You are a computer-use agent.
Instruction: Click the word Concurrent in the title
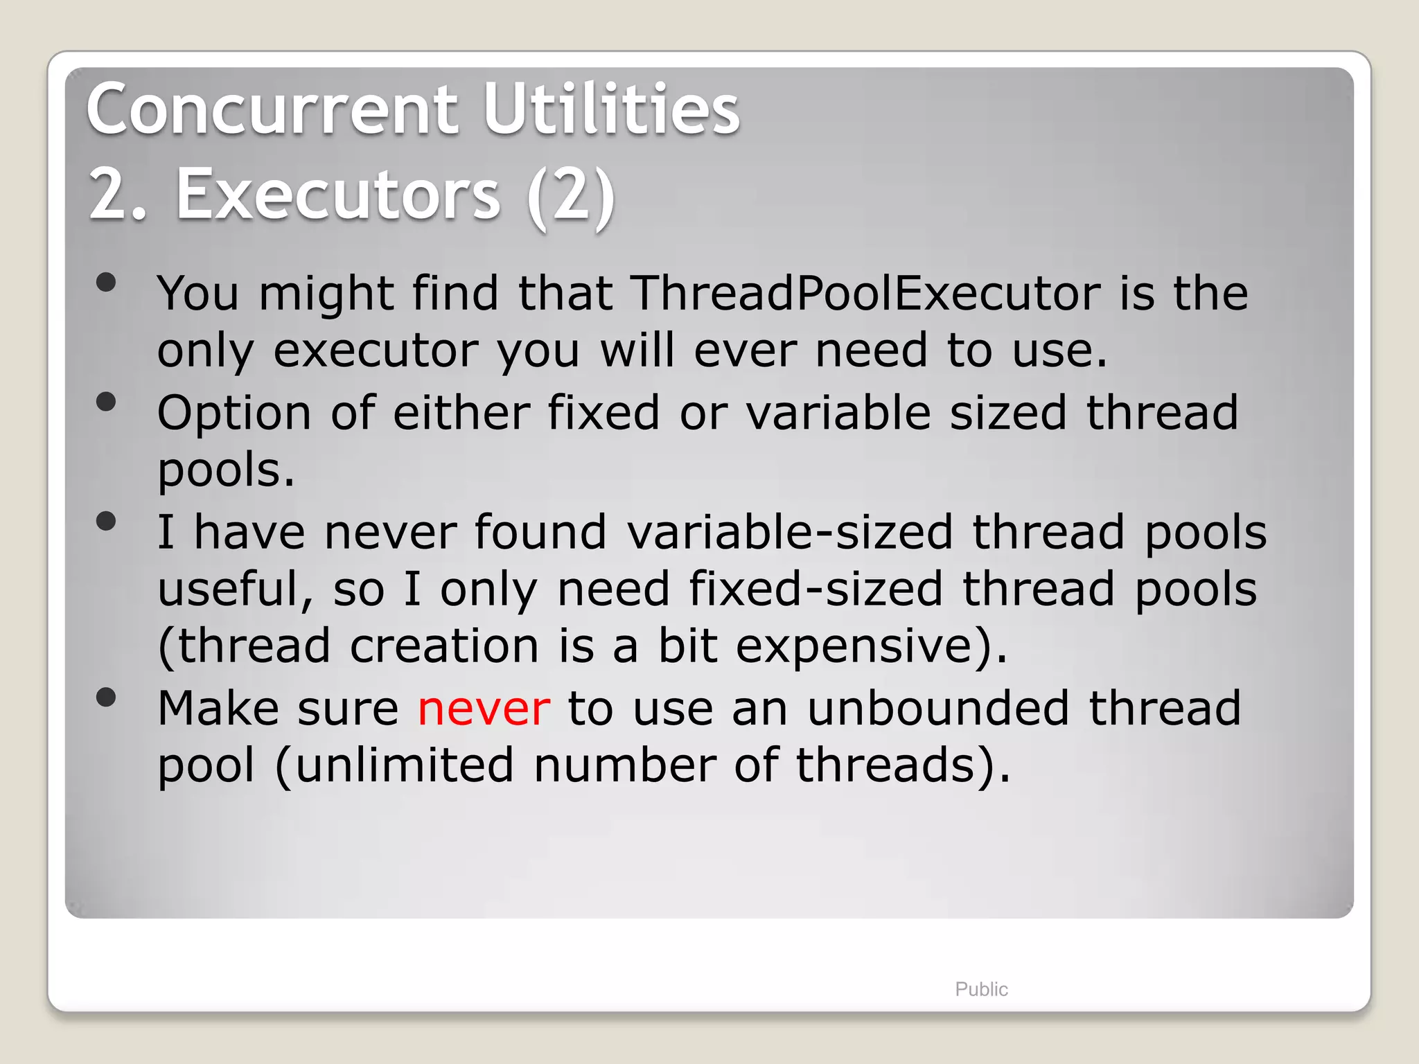[x=272, y=109]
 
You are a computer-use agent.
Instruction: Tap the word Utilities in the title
[x=611, y=109]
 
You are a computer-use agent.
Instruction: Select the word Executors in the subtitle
[x=337, y=195]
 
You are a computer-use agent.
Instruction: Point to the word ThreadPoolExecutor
[x=865, y=293]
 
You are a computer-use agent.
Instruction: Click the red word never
[x=484, y=709]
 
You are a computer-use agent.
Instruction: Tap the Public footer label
[x=981, y=989]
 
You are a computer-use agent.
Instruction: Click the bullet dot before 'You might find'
[x=106, y=283]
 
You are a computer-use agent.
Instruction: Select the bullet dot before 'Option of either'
[x=106, y=402]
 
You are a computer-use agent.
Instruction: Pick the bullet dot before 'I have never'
[x=106, y=521]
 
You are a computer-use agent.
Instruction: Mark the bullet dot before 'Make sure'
[x=106, y=697]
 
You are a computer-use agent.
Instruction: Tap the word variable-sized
[x=790, y=533]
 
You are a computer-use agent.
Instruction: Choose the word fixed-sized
[x=816, y=589]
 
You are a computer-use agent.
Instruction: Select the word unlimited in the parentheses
[x=405, y=765]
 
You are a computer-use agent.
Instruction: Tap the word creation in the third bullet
[x=444, y=646]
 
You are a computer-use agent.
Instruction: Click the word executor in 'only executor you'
[x=376, y=351]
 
